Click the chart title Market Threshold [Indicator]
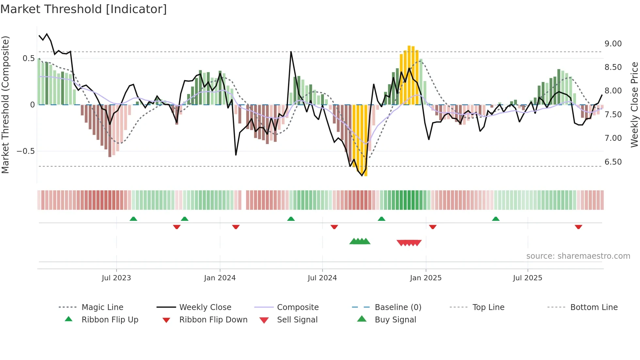[x=84, y=9]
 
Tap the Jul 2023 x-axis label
[x=116, y=278]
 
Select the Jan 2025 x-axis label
[x=425, y=278]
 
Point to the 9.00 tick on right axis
[x=613, y=43]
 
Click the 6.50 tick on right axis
[x=613, y=162]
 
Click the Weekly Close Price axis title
[x=634, y=105]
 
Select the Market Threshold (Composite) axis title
[x=5, y=105]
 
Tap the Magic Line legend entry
[x=102, y=307]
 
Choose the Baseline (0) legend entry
[x=398, y=307]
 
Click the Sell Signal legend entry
[x=297, y=319]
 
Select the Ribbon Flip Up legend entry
[x=110, y=319]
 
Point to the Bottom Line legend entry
[x=594, y=307]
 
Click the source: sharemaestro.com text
[x=578, y=256]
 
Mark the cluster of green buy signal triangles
[x=360, y=241]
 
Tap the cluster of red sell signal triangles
[x=409, y=243]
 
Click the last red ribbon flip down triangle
[x=578, y=227]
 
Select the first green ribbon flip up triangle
[x=133, y=219]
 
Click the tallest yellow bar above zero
[x=409, y=75]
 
